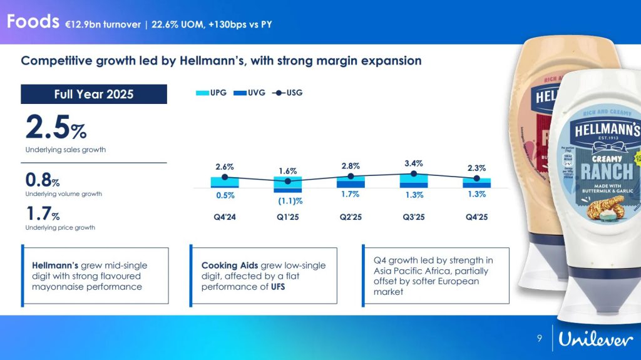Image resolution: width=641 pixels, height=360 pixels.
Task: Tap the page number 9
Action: pyautogui.click(x=540, y=339)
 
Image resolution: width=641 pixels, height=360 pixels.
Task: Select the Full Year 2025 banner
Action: pyautogui.click(x=94, y=95)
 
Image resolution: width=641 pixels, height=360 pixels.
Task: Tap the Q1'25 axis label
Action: pyautogui.click(x=287, y=218)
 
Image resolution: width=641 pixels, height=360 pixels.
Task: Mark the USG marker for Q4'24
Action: pyautogui.click(x=225, y=177)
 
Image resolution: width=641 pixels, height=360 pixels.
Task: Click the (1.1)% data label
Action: pyautogui.click(x=290, y=201)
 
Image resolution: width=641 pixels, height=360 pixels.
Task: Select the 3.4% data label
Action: pyautogui.click(x=414, y=163)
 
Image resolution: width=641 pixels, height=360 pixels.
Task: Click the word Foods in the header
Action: pyautogui.click(x=33, y=22)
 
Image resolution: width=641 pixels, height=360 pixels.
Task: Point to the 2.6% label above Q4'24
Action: pyautogui.click(x=225, y=167)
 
